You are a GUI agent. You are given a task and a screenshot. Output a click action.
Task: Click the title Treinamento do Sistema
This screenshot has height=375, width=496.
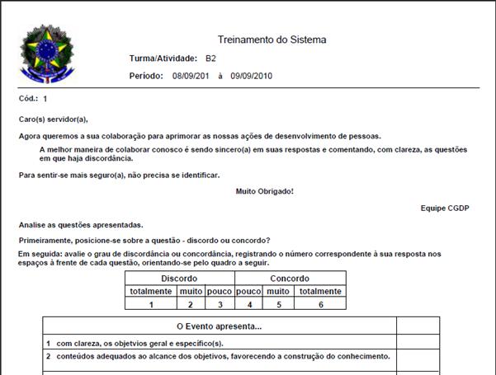click(x=272, y=40)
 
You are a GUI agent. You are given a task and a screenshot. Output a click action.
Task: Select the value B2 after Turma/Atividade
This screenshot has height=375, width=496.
click(x=211, y=59)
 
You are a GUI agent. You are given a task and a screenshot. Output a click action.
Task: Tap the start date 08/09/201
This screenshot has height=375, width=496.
click(x=191, y=76)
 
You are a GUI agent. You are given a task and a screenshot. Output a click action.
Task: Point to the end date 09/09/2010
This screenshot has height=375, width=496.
click(x=251, y=76)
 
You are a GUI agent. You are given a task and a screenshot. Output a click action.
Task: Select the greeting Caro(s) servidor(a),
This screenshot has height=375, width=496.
click(x=53, y=119)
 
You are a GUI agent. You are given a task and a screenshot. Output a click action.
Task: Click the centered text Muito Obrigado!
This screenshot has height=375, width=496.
click(x=265, y=191)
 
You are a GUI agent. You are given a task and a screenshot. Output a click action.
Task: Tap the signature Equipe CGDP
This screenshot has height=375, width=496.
click(x=444, y=209)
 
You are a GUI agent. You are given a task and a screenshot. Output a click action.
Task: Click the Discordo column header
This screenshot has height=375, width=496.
click(x=180, y=279)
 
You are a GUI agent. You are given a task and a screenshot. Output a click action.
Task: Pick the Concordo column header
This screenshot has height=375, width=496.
click(x=290, y=279)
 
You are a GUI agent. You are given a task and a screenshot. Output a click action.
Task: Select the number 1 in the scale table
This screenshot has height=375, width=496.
click(x=151, y=303)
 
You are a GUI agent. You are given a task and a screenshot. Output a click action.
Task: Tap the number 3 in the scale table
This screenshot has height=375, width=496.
click(x=219, y=303)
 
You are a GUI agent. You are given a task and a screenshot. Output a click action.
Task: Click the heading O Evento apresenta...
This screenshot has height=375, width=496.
click(x=220, y=327)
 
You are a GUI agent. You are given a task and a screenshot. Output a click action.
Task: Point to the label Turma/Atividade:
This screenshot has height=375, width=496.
click(x=163, y=59)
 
